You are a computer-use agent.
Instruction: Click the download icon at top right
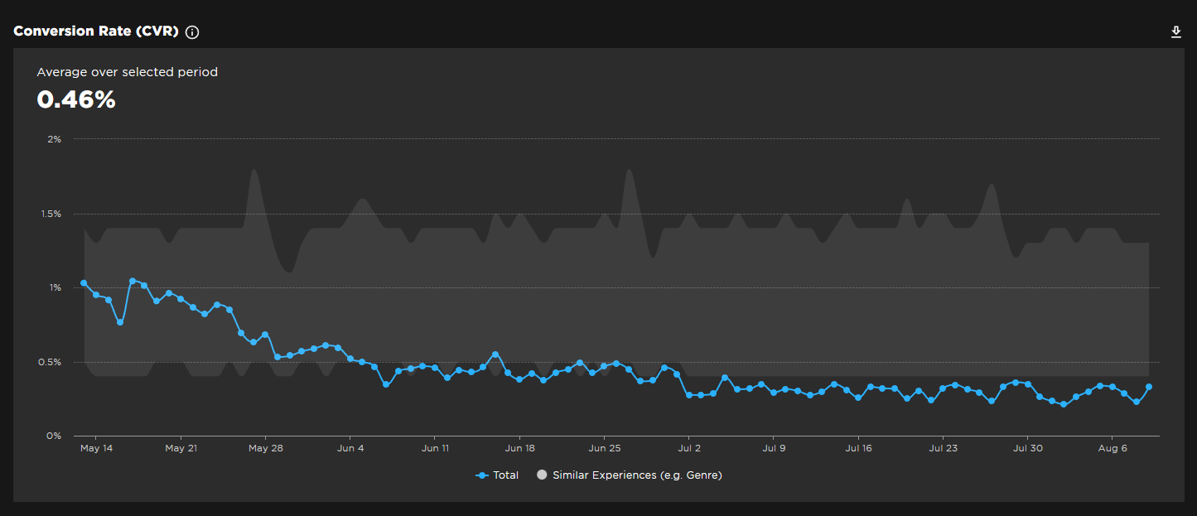coord(1175,32)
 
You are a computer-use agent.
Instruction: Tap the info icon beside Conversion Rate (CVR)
coord(192,32)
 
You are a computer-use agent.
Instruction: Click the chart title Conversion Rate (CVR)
coord(95,32)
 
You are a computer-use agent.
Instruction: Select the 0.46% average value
coord(76,99)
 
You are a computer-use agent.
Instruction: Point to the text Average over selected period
coord(127,72)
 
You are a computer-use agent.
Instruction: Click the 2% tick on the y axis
coord(54,139)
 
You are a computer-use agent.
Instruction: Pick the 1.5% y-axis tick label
coord(51,214)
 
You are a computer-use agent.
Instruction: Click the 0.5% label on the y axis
coord(51,362)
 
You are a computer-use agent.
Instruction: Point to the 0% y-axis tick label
coord(54,436)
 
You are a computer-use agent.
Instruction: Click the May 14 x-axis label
coord(96,448)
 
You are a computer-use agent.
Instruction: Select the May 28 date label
coord(265,448)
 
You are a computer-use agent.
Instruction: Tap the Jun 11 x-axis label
coord(435,448)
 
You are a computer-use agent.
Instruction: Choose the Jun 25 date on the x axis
coord(604,448)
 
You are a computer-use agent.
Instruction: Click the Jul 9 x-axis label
coord(773,448)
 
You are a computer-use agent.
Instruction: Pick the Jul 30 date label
coord(1027,448)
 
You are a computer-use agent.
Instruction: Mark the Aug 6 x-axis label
coord(1112,448)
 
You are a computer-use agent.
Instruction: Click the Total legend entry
coord(498,475)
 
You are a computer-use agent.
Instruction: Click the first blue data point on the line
coord(84,283)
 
